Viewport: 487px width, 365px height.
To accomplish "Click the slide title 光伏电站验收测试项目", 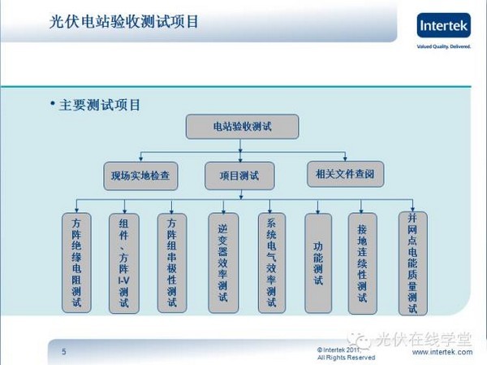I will pyautogui.click(x=123, y=22).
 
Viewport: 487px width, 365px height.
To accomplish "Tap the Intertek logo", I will pyautogui.click(x=443, y=25).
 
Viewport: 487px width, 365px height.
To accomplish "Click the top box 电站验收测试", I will pyautogui.click(x=242, y=128).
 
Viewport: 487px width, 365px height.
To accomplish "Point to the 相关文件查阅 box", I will pyautogui.click(x=345, y=173).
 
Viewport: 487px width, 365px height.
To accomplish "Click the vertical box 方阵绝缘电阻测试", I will pyautogui.click(x=77, y=262).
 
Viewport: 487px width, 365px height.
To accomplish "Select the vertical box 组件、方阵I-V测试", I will pyautogui.click(x=123, y=262).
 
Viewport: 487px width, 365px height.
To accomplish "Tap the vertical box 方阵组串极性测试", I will pyautogui.click(x=171, y=262).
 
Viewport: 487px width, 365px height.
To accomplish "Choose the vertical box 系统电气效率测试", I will pyautogui.click(x=272, y=262).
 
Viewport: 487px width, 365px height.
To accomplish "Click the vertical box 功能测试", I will pyautogui.click(x=318, y=262).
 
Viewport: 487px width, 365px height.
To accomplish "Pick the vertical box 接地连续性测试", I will pyautogui.click(x=363, y=262).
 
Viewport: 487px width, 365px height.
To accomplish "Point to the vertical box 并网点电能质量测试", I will pyautogui.click(x=412, y=262).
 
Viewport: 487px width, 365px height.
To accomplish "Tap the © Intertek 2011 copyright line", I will pyautogui.click(x=345, y=349).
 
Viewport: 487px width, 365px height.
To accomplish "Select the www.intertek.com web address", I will pyautogui.click(x=442, y=353).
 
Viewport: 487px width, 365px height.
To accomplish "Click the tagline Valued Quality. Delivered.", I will pyautogui.click(x=443, y=46).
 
